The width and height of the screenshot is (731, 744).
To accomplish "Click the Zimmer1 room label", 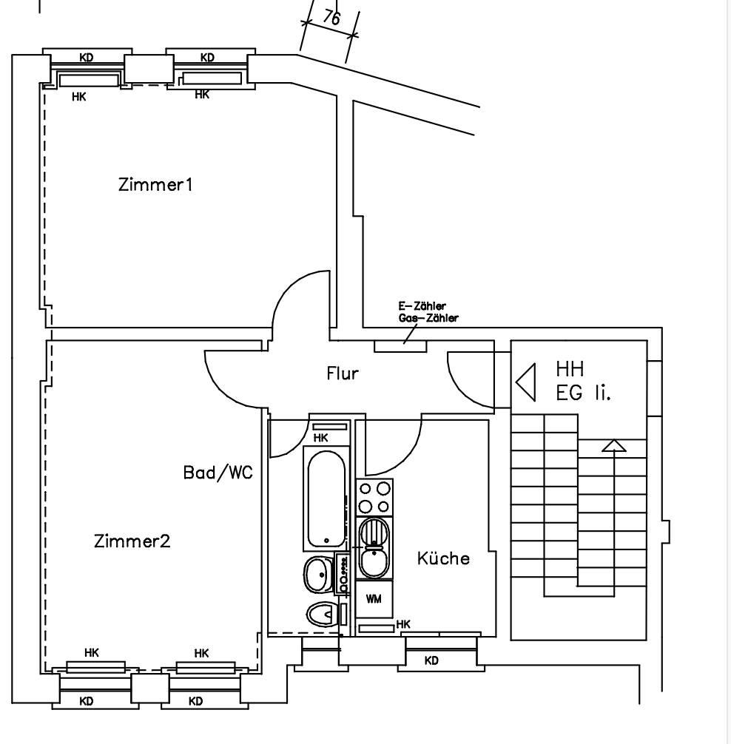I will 155,184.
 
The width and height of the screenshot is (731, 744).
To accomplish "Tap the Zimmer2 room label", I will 132,541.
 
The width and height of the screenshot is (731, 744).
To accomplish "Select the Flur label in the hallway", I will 343,373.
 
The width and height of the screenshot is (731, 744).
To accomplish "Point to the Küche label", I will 443,558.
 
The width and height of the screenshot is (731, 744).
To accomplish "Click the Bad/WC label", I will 218,473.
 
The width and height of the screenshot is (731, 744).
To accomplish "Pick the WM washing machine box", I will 374,599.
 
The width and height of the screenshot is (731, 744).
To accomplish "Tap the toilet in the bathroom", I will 322,614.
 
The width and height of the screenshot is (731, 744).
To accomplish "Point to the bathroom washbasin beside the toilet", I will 319,572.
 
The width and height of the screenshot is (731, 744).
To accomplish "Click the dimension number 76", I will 331,18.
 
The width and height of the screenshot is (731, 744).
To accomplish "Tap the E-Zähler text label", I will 422,306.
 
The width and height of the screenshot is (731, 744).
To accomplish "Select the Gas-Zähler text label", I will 428,319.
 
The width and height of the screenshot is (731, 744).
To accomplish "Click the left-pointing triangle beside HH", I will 526,382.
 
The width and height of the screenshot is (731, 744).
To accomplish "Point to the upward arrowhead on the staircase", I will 614,445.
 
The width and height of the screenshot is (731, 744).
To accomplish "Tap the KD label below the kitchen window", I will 431,661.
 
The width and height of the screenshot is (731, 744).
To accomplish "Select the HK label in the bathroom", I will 320,439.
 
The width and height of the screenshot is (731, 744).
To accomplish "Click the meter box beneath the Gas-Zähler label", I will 400,345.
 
